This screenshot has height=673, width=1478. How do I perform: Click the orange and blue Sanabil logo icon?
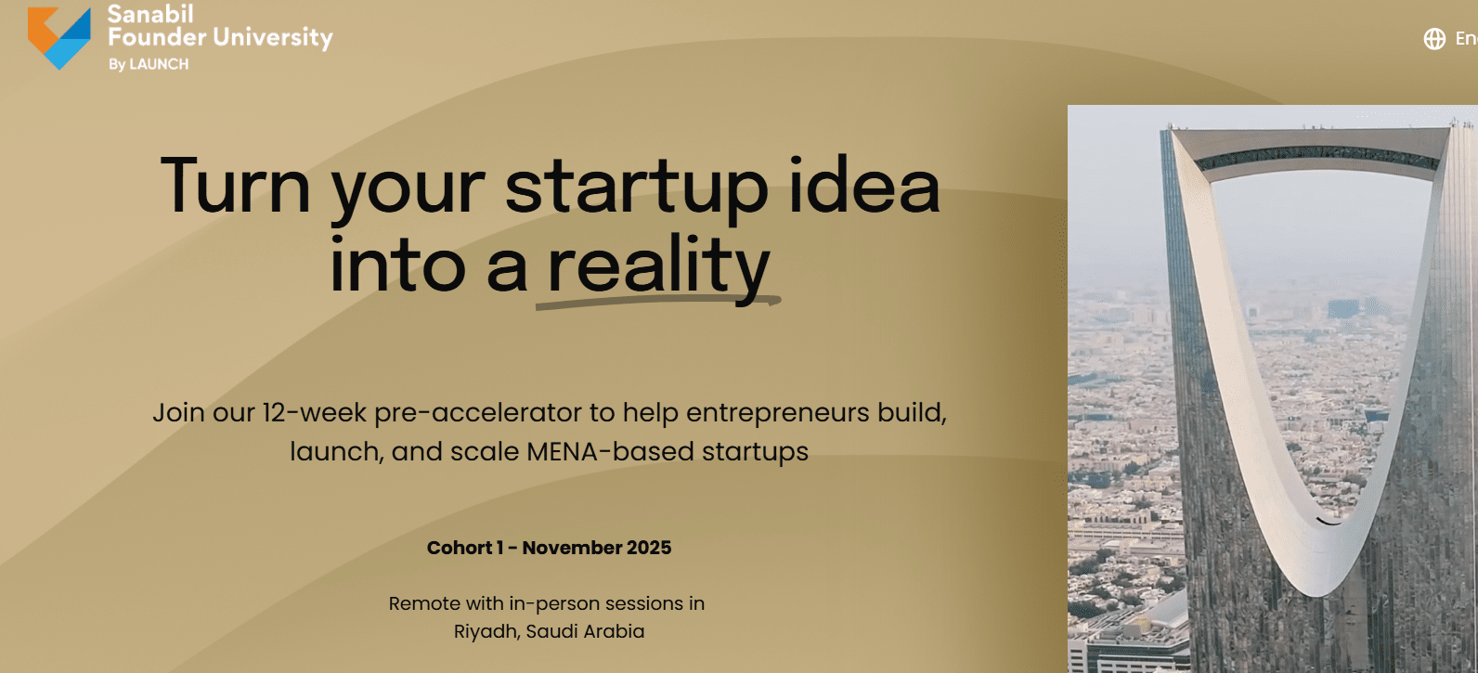coord(58,38)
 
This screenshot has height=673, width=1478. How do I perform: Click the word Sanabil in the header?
coord(150,14)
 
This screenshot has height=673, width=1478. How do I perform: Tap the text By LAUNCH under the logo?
coord(149,64)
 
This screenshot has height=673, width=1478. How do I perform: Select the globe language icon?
coord(1434,39)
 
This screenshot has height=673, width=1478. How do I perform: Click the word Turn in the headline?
coord(235,186)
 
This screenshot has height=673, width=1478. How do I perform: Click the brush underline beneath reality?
coord(658,303)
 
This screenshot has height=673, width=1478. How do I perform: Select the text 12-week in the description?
coord(314,412)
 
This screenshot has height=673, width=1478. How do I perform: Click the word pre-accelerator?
coord(478,414)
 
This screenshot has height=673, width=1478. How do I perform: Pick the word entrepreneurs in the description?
coord(778,414)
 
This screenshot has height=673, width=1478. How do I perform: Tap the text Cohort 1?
coord(465,548)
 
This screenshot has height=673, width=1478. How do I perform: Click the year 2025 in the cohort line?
coord(649,548)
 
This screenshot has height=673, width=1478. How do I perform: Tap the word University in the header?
coord(273,38)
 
